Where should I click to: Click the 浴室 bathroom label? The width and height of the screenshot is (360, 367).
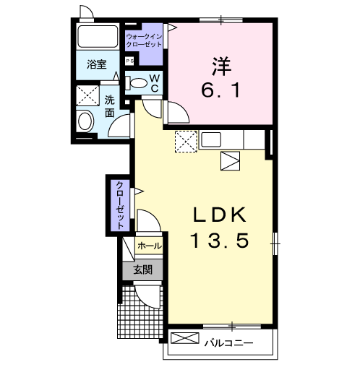click(96, 64)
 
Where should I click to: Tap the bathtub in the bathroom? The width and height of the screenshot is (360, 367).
click(98, 36)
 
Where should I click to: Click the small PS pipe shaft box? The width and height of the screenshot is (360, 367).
click(129, 61)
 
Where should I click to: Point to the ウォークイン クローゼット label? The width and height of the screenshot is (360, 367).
click(144, 40)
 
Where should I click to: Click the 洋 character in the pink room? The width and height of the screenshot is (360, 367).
click(221, 66)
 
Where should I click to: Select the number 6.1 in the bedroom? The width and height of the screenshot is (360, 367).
click(220, 90)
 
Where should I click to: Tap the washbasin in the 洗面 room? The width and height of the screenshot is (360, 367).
click(85, 121)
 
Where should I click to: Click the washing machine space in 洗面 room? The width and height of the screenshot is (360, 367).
click(87, 95)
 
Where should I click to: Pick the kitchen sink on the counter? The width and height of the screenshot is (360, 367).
click(211, 139)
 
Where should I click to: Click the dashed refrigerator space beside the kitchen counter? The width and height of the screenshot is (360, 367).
click(186, 142)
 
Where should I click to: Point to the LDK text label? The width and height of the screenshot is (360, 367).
click(220, 215)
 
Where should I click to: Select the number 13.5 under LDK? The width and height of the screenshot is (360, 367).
click(220, 241)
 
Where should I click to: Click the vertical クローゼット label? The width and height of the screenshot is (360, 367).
click(120, 205)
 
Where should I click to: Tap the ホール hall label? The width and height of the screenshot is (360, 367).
click(150, 246)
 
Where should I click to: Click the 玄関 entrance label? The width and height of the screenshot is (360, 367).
click(143, 269)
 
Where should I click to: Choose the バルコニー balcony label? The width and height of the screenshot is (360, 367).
click(229, 343)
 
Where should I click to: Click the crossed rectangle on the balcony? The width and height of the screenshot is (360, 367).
click(185, 338)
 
